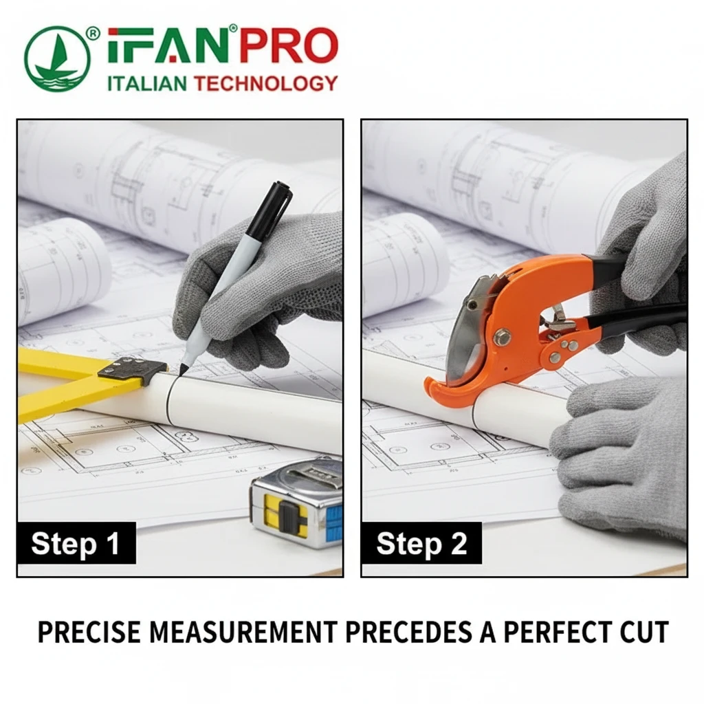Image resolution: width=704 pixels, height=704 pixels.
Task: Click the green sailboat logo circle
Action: [57, 58]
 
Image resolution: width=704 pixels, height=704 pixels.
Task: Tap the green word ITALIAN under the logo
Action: [147, 83]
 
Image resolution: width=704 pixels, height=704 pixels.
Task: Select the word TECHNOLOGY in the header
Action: [265, 83]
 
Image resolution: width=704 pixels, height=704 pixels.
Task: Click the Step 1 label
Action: [76, 543]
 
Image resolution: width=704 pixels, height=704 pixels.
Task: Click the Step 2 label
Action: [421, 543]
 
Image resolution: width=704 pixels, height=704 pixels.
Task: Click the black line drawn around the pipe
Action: [170, 401]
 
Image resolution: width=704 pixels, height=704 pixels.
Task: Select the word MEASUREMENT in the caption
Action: [243, 632]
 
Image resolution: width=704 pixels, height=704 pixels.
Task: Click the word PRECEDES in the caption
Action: [408, 632]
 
